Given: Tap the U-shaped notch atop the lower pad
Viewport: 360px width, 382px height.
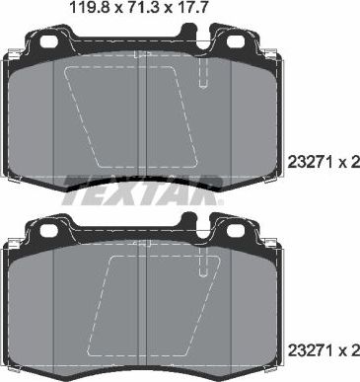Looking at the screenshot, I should (201, 230).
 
